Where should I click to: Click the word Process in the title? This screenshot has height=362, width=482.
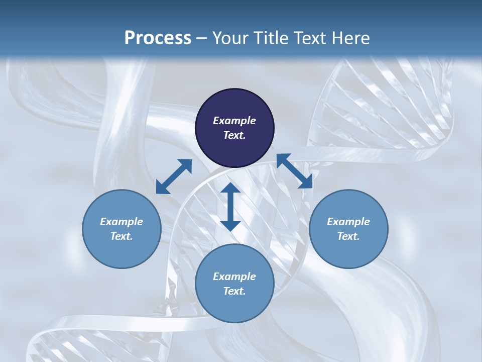point(158,38)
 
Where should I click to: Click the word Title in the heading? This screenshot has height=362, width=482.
point(272,38)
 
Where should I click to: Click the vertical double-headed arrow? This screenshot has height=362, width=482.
point(230,207)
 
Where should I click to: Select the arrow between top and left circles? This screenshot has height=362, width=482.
point(174,176)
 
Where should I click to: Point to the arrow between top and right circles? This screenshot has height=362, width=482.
point(295,171)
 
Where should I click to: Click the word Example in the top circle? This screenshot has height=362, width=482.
point(234,121)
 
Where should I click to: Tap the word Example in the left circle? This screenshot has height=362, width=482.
point(122,222)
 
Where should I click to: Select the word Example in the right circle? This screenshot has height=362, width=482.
point(348,222)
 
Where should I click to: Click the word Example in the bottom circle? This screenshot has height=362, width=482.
point(234,277)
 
